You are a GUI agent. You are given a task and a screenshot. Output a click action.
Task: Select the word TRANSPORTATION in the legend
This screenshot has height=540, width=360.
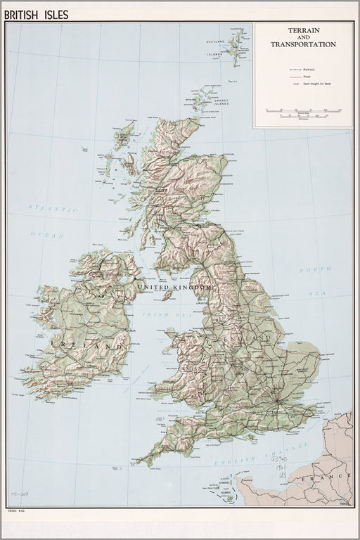(x=303, y=44)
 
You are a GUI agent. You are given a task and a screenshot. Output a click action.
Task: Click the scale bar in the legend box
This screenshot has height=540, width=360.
(x=304, y=112)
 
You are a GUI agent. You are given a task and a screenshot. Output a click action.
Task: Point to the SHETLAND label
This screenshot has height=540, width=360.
(x=214, y=43)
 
